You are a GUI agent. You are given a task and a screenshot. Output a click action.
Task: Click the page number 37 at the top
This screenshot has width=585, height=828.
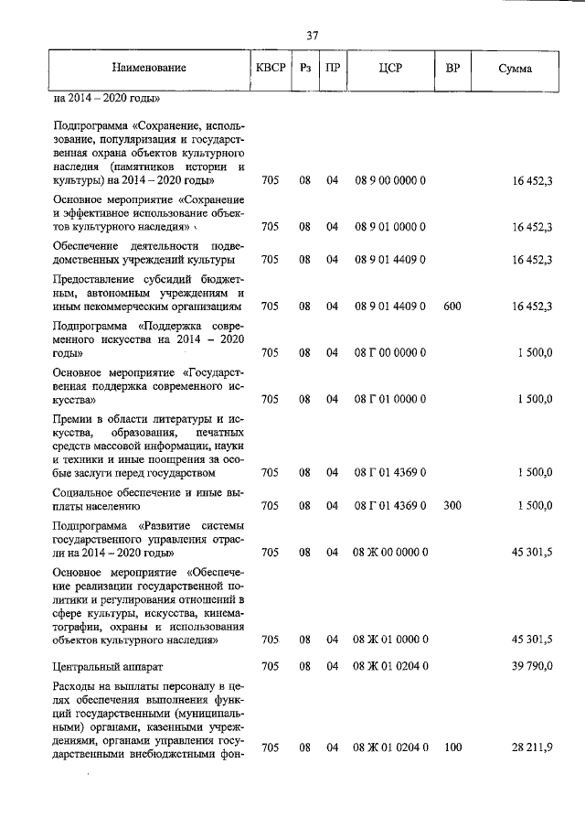tap(312, 36)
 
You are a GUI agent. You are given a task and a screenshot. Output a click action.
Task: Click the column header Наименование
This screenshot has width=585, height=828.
tap(150, 69)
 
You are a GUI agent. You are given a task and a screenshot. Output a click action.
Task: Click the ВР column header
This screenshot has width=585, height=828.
tap(452, 69)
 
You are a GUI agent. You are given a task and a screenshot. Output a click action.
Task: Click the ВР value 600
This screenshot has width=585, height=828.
tap(452, 306)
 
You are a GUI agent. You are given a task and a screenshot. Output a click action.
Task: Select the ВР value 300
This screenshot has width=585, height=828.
tap(452, 505)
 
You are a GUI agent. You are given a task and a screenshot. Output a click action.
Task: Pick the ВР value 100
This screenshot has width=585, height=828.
tap(452, 748)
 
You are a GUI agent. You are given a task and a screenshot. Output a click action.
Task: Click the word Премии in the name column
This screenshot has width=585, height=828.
tap(74, 418)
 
